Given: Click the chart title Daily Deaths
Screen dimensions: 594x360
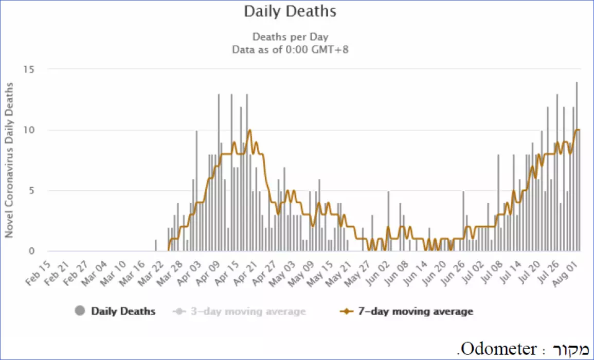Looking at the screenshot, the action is (x=290, y=11).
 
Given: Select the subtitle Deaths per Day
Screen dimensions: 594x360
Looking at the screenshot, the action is (x=290, y=37).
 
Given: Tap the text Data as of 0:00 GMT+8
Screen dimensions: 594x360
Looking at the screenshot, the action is (x=290, y=50).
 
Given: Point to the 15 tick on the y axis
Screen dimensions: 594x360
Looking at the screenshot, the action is (x=29, y=69).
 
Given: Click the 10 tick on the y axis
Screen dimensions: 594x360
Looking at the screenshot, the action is (x=29, y=130).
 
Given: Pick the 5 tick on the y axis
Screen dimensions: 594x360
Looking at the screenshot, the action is (x=31, y=191).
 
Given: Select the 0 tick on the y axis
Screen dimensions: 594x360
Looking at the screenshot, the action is (x=31, y=251).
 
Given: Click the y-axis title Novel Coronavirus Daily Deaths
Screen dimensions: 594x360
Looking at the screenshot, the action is (x=9, y=160).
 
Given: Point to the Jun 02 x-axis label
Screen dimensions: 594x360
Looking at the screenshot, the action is (x=377, y=273).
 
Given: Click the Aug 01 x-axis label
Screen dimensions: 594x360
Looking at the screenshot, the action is (x=565, y=273).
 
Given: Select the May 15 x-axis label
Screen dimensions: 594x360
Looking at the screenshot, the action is (x=320, y=273).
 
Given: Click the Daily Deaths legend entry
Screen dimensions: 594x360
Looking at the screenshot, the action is (x=115, y=311).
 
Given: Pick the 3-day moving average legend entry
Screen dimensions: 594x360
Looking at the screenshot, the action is (x=239, y=312).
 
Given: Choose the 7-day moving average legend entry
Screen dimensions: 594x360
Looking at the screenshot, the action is (x=406, y=312).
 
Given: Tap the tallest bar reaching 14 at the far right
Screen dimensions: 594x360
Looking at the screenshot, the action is (x=577, y=166).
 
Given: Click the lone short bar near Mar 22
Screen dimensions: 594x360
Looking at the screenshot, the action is (x=156, y=245).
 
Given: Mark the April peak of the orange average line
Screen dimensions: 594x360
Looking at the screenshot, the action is (x=249, y=130).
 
